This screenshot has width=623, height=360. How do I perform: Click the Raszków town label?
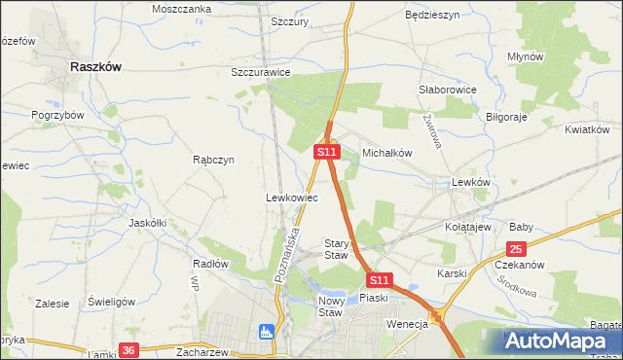tap(95, 67)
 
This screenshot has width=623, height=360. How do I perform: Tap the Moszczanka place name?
tap(181, 9)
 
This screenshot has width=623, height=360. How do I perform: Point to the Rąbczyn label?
tap(213, 161)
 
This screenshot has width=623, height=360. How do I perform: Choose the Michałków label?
tap(388, 154)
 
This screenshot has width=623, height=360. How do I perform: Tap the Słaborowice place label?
tap(447, 90)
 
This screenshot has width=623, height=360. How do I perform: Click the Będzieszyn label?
tap(431, 17)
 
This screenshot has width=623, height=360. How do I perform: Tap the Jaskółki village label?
tap(148, 223)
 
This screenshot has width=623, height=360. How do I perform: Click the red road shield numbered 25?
tap(516, 248)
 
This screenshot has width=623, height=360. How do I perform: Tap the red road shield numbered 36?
tap(128, 349)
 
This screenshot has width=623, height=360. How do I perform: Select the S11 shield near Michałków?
tap(326, 153)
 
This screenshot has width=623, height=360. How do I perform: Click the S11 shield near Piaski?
tap(381, 278)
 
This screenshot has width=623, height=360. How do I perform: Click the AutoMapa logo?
tap(562, 341)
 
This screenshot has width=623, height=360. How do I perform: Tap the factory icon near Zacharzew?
tap(266, 332)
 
